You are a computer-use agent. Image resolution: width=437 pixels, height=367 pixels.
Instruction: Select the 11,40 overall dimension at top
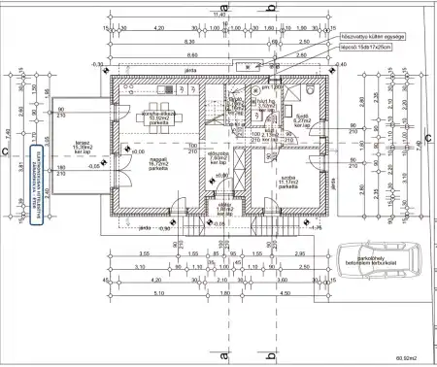point(219,16)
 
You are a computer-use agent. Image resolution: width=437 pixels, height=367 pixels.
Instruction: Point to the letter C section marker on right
point(429,138)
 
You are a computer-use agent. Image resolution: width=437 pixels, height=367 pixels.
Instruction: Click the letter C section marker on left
point(6,151)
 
